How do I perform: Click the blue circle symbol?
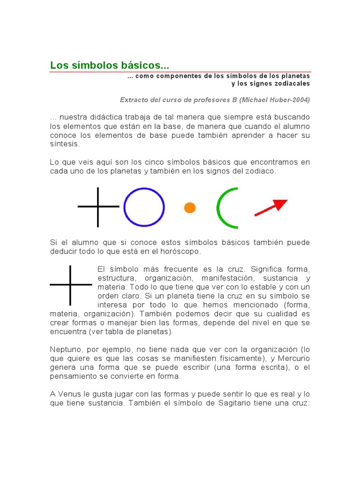pyautogui.click(x=144, y=207)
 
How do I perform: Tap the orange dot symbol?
pyautogui.click(x=190, y=208)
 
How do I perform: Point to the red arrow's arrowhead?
pyautogui.click(x=281, y=204)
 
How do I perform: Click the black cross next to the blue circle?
pyautogui.click(x=98, y=207)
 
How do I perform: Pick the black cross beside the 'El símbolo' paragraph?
pyautogui.click(x=70, y=285)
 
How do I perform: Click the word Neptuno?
pyautogui.click(x=66, y=349)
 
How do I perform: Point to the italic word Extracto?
pyautogui.click(x=134, y=100)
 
